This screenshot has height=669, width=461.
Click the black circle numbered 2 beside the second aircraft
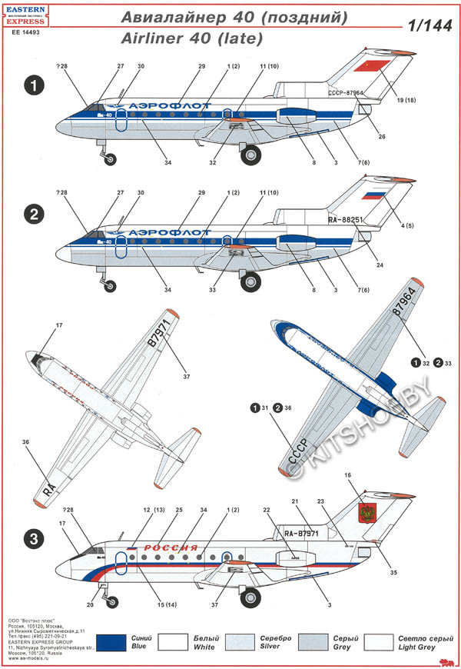pos(33,215)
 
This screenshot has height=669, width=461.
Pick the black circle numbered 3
pos(33,540)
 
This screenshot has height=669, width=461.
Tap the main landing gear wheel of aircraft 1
pos(251,155)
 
